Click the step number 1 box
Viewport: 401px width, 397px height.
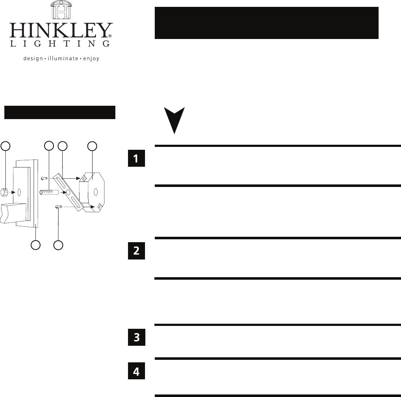136,159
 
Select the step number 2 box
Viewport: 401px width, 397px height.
136,250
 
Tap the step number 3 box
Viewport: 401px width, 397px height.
136,337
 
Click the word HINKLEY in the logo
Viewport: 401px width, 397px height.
60,31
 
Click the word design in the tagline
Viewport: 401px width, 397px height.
32,58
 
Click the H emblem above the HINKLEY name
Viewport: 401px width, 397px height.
60,10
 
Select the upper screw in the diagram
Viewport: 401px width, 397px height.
44,178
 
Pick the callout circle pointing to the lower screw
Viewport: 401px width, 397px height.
59,245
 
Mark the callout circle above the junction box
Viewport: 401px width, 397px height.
93,146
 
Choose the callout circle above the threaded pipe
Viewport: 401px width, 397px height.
49,146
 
